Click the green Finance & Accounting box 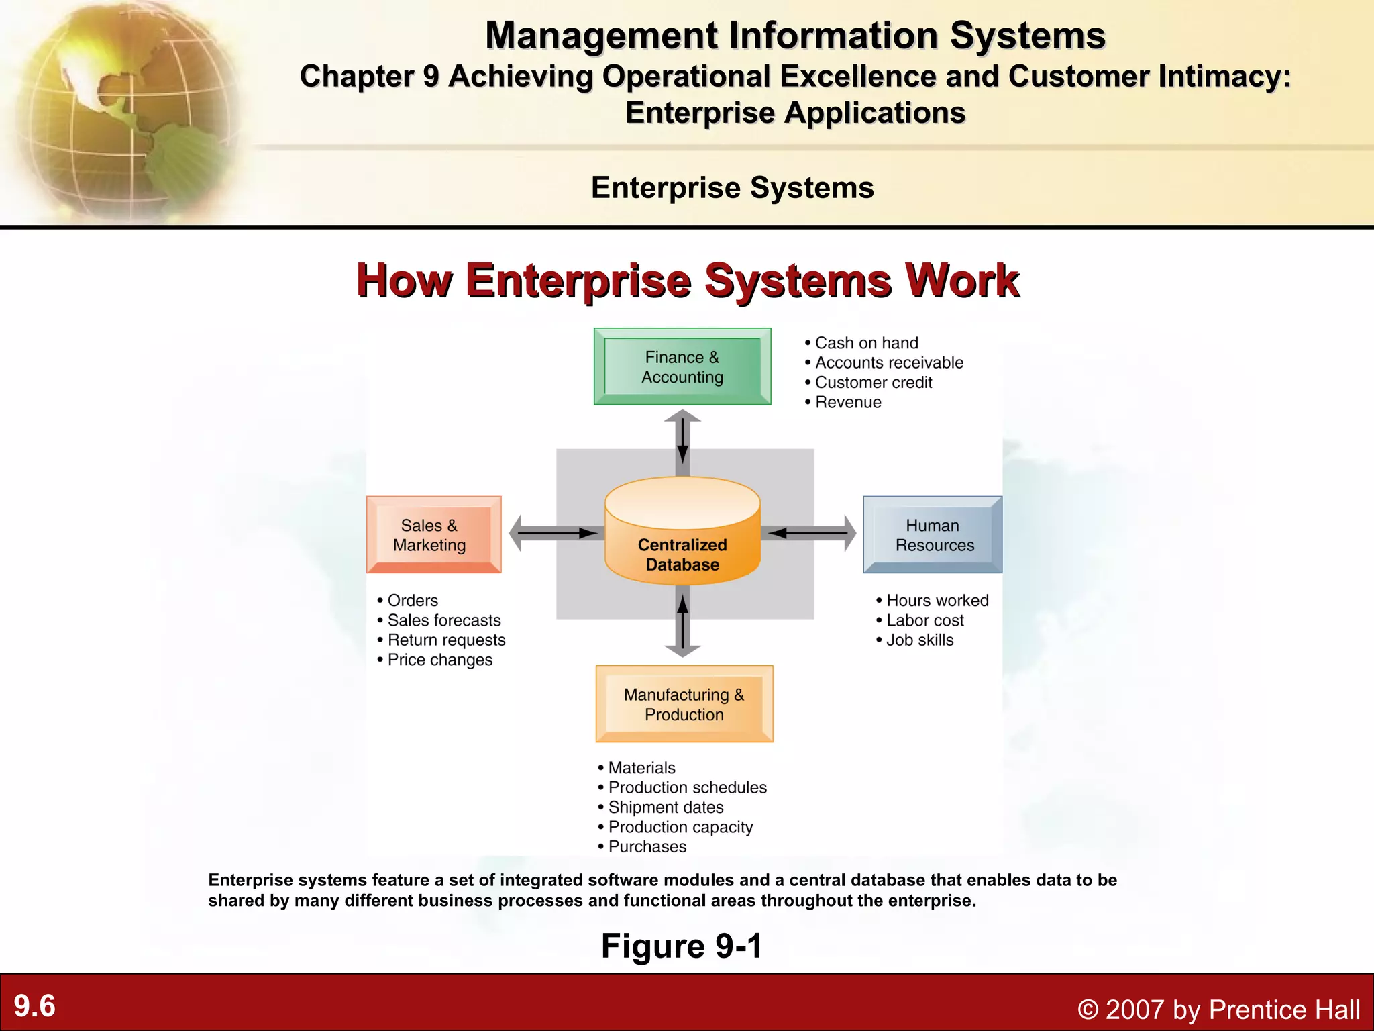click(x=682, y=366)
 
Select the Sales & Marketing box click(x=433, y=534)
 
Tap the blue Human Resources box click(x=933, y=534)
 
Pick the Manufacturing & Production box click(x=684, y=703)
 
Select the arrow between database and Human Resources click(x=810, y=534)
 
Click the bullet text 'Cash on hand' click(x=866, y=343)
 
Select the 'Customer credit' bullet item click(x=874, y=383)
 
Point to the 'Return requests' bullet click(x=446, y=640)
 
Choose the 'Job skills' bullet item click(x=920, y=640)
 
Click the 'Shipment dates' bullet click(x=666, y=807)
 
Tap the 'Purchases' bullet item click(x=647, y=847)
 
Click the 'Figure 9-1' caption click(x=682, y=946)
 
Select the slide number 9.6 click(x=35, y=1006)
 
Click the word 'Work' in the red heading click(x=961, y=281)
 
